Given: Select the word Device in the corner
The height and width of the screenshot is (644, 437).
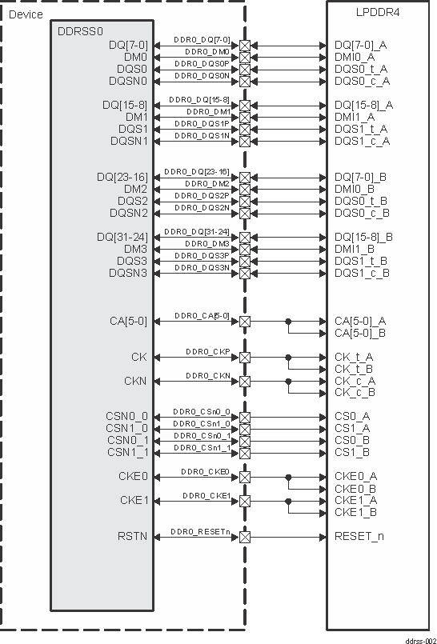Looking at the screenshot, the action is tap(26, 14).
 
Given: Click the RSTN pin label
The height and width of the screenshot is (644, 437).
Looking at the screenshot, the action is tap(133, 536).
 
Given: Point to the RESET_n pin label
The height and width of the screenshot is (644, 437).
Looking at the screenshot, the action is tap(359, 536).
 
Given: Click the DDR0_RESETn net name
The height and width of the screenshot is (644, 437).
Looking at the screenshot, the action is tap(200, 530).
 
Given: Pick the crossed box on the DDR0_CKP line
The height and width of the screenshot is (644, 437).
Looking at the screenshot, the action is tap(245, 357).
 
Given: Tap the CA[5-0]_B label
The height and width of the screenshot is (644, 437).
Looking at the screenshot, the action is tap(360, 333).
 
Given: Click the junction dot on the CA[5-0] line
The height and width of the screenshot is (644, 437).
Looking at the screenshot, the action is tap(288, 321).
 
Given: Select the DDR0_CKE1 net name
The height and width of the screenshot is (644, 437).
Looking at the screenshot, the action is tap(206, 495).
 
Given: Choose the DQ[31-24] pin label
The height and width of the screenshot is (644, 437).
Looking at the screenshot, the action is tap(122, 237).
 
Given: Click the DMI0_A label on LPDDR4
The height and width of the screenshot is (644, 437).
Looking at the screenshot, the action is tap(355, 57).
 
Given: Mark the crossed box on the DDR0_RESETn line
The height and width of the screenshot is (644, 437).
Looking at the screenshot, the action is tap(245, 537).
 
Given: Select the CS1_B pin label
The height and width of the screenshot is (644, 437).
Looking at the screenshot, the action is tap(352, 452).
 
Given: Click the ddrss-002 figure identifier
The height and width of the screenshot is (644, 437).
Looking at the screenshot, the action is tap(419, 639).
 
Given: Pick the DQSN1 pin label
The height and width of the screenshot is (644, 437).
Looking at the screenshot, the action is tap(130, 141).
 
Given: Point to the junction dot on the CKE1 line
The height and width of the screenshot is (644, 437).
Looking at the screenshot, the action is tap(288, 501).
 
